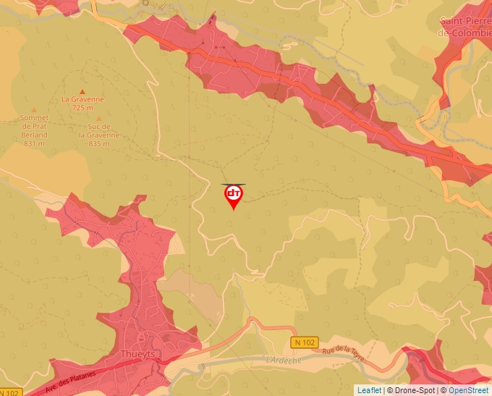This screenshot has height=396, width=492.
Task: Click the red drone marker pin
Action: tap(233, 196)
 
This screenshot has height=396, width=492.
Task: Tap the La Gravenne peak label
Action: tap(82, 99)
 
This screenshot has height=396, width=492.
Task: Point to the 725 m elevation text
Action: tap(82, 108)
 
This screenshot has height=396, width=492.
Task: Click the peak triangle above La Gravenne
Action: tap(82, 90)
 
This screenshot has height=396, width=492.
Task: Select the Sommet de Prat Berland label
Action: tap(35, 126)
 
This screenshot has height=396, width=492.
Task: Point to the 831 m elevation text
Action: tap(35, 143)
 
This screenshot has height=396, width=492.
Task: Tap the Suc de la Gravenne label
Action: tap(98, 130)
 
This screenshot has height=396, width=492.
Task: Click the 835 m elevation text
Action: tap(98, 143)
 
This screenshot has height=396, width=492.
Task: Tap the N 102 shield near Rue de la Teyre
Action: tap(305, 342)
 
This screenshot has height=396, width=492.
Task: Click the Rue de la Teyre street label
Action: tap(344, 354)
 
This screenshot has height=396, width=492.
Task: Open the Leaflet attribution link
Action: tap(368, 390)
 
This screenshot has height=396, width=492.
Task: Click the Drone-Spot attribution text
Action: tap(412, 390)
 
